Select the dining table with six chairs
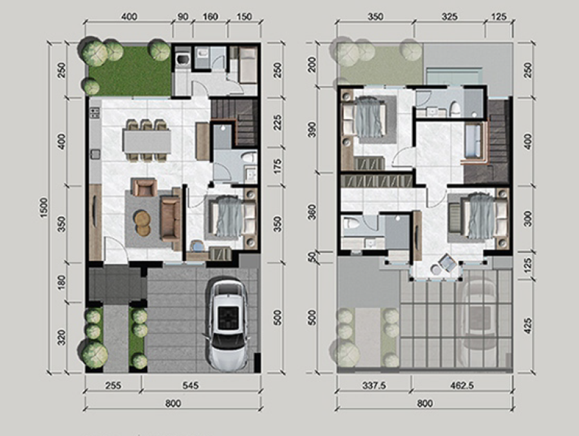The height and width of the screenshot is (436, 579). [x=147, y=140]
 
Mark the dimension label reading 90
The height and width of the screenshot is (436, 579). [x=182, y=17]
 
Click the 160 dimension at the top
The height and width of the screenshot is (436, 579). [x=210, y=17]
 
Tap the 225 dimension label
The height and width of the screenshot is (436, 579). [x=277, y=122]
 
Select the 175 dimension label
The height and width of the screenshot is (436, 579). [x=277, y=166]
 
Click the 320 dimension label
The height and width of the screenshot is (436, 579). [x=62, y=337]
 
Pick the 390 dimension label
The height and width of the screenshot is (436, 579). [x=312, y=130]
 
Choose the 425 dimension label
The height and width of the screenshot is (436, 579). [x=528, y=326]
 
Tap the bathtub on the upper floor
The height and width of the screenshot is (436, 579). [x=473, y=140]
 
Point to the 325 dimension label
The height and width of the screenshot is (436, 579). [x=449, y=17]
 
